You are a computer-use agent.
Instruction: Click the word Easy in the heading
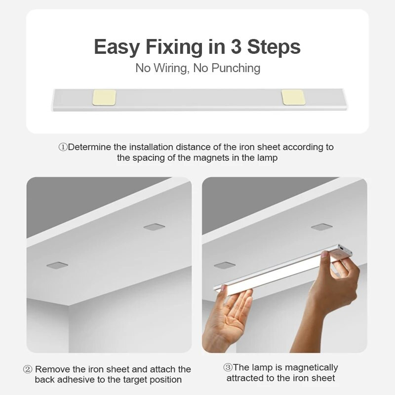(117, 47)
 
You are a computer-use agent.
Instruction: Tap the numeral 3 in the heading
(236, 46)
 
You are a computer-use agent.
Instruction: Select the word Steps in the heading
(274, 47)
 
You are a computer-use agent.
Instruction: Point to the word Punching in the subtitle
(236, 68)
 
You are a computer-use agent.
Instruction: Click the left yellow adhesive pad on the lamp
(105, 97)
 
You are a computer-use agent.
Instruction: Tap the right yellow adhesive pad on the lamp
(293, 97)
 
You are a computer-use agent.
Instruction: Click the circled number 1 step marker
(63, 147)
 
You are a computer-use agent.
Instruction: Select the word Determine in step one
(89, 147)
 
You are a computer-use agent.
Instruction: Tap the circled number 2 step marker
(28, 369)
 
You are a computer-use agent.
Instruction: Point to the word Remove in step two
(53, 369)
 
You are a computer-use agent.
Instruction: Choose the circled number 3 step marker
(228, 367)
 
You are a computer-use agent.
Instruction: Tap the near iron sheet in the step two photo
(57, 265)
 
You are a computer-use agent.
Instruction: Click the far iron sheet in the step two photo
(154, 227)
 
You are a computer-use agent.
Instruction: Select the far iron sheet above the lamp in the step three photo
(322, 227)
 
